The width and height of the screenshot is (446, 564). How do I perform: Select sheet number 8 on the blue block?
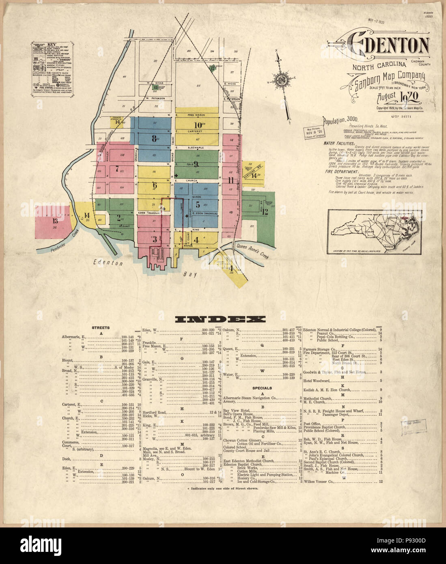tap(154, 138)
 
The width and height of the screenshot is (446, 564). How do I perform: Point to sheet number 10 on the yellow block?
tap(198, 125)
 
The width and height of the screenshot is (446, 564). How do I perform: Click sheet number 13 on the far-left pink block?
tap(55, 221)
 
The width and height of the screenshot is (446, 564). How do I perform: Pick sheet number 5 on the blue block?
tap(198, 204)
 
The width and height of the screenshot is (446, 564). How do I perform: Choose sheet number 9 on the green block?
tap(196, 164)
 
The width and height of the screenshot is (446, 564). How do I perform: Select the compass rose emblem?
tap(280, 79)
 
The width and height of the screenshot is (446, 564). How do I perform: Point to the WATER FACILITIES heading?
tap(339, 144)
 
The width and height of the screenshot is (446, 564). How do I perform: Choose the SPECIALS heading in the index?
tap(262, 388)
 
